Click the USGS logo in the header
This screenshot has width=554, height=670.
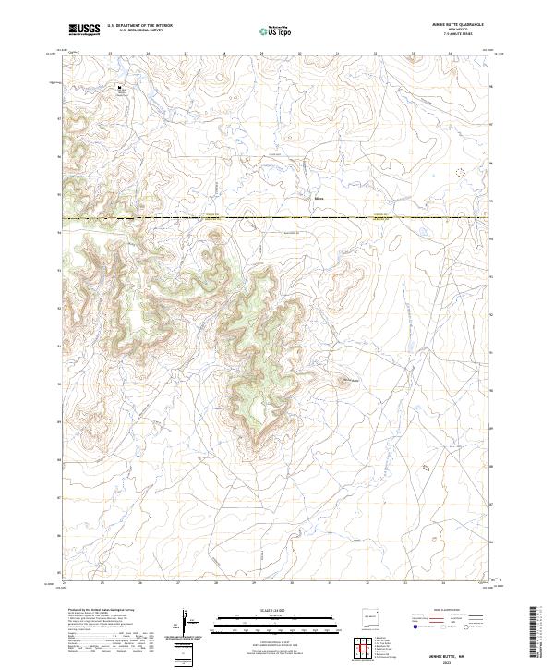coord(85,30)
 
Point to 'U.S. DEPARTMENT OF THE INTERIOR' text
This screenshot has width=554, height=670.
coord(139,26)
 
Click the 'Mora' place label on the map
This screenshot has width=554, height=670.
coord(319,197)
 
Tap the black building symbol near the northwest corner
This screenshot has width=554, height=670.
coord(119,89)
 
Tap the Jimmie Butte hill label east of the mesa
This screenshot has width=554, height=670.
coord(347,380)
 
